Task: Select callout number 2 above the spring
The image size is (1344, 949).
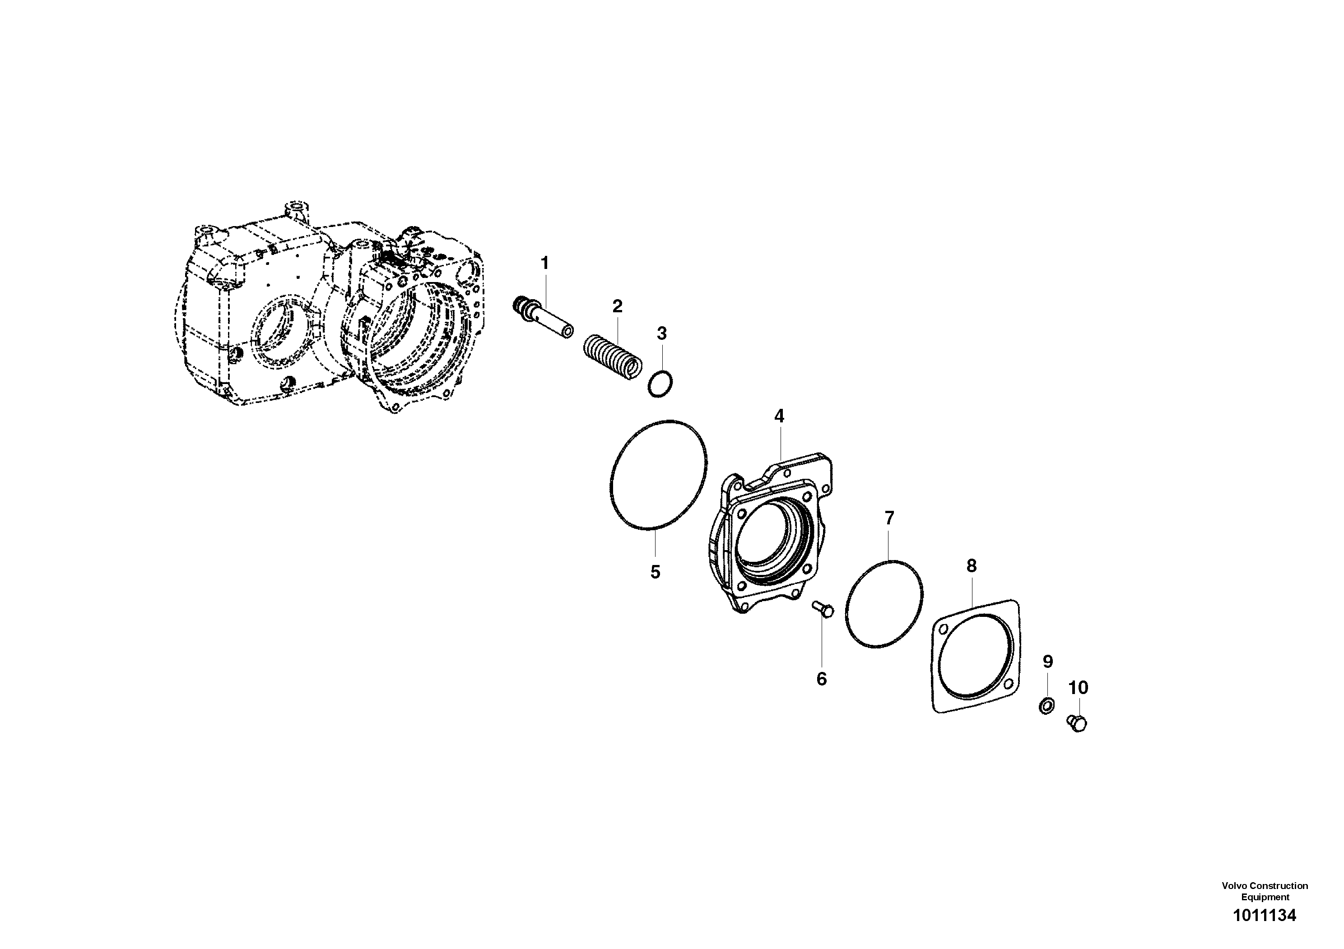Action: tap(617, 306)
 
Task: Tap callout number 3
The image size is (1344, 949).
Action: tap(661, 333)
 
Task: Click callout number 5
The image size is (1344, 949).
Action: tap(655, 572)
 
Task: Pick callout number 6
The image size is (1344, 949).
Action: tap(821, 679)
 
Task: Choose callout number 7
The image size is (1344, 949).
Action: tap(889, 518)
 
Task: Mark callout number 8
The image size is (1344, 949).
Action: tap(971, 566)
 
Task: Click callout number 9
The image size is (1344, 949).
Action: tap(1048, 662)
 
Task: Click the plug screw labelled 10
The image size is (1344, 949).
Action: tap(1077, 723)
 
